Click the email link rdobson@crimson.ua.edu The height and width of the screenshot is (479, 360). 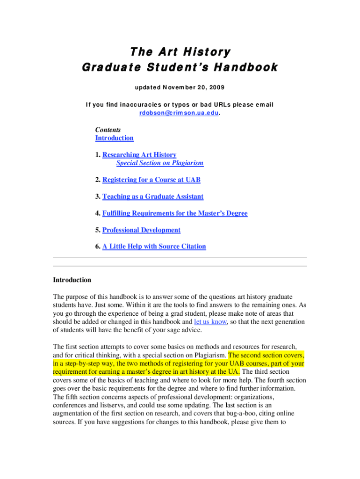click(180, 113)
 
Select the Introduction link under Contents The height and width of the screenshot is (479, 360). click(115, 138)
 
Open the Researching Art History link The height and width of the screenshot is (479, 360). click(139, 155)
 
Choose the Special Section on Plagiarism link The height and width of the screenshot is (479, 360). click(160, 163)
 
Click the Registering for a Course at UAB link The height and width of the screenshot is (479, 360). click(151, 180)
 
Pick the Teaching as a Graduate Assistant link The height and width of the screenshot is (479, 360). click(153, 196)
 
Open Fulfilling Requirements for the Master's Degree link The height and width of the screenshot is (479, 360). click(175, 213)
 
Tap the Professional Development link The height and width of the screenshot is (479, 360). click(141, 230)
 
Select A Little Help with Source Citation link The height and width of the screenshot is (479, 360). click(154, 247)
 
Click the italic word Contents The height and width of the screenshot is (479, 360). click(108, 130)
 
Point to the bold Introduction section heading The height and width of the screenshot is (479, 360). click(72, 280)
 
